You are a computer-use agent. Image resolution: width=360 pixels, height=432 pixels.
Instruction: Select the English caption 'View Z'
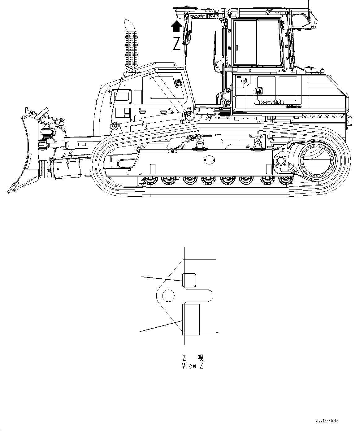(193, 366)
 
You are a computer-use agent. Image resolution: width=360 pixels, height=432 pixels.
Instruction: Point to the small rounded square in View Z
(189, 280)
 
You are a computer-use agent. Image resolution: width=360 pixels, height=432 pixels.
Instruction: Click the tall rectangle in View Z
(191, 319)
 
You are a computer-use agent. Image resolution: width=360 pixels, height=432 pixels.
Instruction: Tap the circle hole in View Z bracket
(168, 295)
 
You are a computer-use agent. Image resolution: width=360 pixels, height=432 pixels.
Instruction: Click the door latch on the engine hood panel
(179, 83)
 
